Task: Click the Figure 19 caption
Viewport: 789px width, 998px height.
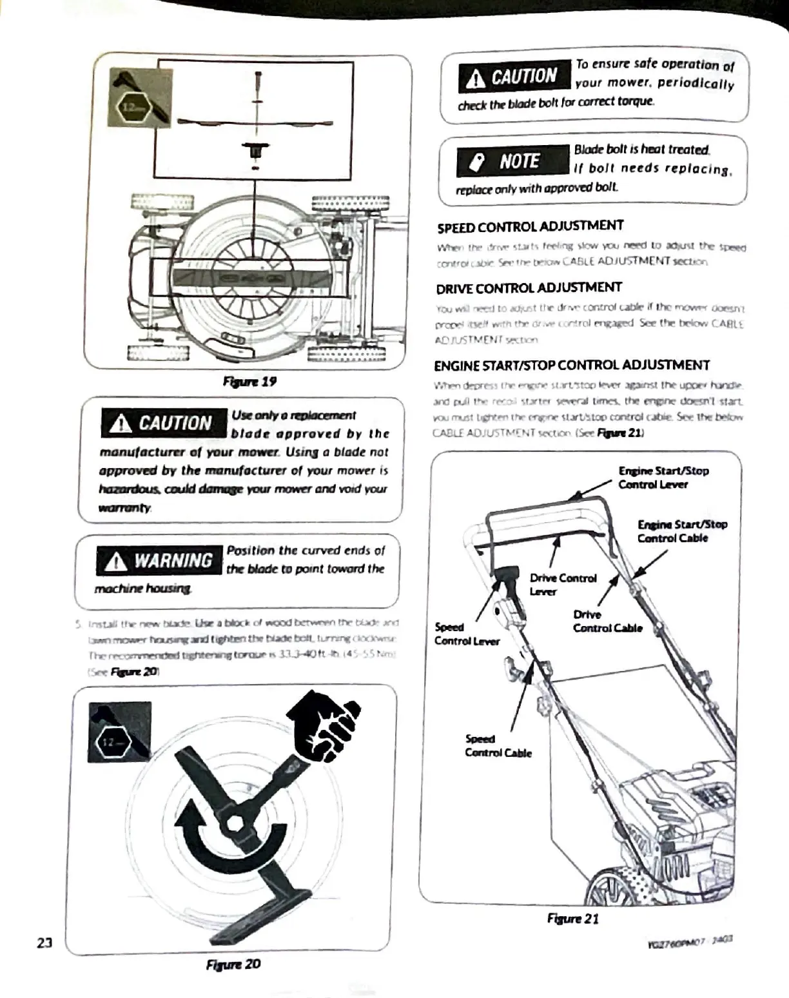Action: (x=249, y=381)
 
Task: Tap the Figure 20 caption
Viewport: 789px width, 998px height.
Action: (x=233, y=964)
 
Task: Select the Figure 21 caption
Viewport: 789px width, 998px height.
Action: (x=572, y=919)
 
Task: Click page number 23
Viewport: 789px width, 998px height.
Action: (x=44, y=943)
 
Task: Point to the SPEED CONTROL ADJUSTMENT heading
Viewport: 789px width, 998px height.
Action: (x=530, y=227)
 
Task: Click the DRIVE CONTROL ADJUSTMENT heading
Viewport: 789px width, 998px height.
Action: (x=529, y=288)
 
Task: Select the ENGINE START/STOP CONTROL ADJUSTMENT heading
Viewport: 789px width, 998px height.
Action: (x=571, y=366)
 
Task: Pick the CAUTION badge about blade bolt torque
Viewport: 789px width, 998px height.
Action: (x=514, y=77)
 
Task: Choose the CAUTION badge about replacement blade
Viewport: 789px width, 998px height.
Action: (x=164, y=423)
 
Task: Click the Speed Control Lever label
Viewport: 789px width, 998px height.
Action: (x=466, y=634)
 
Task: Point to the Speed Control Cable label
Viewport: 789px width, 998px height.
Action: (x=498, y=746)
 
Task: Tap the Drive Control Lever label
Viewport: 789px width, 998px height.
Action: (x=563, y=584)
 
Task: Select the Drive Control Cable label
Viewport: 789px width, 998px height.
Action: (x=607, y=621)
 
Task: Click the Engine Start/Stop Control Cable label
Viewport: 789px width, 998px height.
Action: (x=682, y=531)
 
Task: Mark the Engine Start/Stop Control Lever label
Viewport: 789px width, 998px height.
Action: (x=663, y=478)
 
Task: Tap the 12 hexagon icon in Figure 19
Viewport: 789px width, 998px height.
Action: (x=131, y=107)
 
